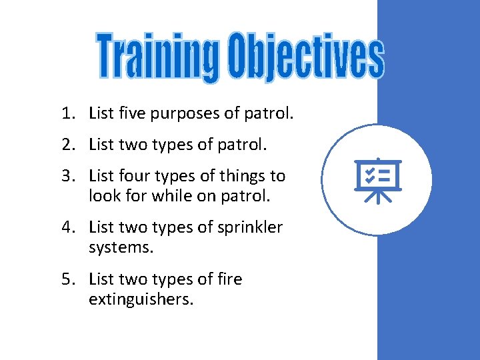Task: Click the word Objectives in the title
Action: point(304,57)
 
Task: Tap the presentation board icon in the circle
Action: point(378,179)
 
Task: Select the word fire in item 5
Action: point(229,279)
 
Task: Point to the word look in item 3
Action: point(103,197)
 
